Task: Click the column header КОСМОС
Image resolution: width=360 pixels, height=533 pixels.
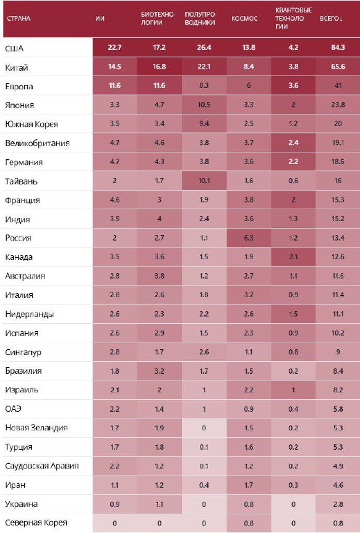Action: point(244,19)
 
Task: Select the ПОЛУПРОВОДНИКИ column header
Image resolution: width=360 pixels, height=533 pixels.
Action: point(200,19)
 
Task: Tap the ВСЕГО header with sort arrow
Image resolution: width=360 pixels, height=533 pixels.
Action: point(331,19)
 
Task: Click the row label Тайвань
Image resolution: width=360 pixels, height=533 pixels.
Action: point(21,181)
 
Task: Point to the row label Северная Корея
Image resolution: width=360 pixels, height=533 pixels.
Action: point(36,522)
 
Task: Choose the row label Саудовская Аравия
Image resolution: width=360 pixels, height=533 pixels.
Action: point(42,466)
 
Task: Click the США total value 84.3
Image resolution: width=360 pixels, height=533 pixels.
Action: point(338,47)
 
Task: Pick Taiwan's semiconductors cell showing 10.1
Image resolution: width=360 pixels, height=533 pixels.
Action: point(204,181)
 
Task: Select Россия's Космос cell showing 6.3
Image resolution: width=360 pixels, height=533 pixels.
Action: point(249,238)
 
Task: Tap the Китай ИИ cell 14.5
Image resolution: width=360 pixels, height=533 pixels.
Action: point(115,66)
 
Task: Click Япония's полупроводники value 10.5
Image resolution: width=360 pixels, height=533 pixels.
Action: point(204,105)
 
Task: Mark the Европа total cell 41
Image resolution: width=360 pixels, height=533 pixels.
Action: point(338,85)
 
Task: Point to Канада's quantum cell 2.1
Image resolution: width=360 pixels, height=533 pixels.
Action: point(293,257)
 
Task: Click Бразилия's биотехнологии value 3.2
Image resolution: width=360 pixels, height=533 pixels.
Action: point(159,371)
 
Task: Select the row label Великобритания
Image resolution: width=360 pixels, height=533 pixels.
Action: point(37,143)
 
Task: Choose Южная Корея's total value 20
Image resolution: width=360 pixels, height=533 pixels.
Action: point(338,123)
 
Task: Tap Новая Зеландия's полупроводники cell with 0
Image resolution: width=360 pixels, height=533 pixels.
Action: point(204,428)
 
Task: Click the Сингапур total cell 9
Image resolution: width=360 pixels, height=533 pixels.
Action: point(338,352)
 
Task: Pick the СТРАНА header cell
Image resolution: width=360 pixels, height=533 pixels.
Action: point(19,19)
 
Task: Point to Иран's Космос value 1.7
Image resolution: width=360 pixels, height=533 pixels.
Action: point(249,485)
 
